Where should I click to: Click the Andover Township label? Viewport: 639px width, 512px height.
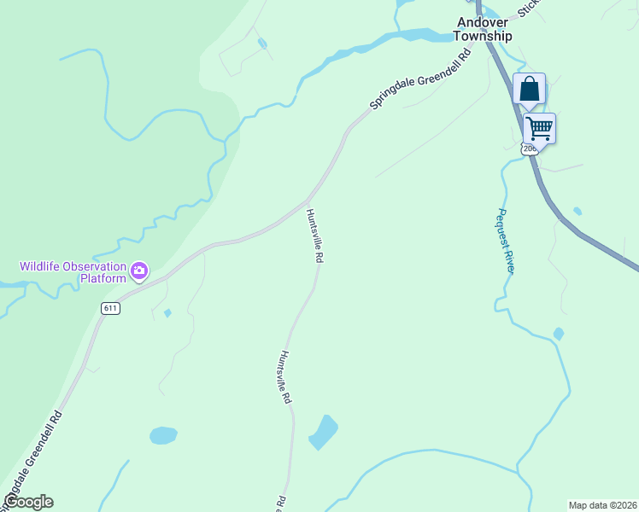click(x=484, y=29)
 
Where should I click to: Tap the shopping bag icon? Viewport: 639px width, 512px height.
click(x=529, y=89)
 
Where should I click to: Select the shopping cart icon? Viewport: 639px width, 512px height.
click(x=539, y=129)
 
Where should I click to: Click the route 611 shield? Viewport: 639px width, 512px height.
click(x=109, y=308)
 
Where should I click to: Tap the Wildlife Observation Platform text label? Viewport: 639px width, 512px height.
click(x=73, y=271)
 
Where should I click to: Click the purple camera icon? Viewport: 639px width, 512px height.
click(x=139, y=272)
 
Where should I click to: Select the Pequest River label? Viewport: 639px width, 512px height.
click(x=506, y=241)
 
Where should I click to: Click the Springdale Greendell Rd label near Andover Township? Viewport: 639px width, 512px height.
click(x=420, y=79)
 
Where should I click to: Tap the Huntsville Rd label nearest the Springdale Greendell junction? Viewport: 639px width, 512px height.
click(x=314, y=236)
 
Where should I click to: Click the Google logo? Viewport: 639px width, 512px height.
click(x=27, y=502)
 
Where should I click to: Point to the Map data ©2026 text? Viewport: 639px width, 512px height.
click(x=602, y=505)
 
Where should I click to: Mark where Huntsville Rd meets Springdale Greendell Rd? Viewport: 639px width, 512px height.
click(x=307, y=202)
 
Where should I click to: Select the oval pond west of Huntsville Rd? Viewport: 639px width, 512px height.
click(x=163, y=435)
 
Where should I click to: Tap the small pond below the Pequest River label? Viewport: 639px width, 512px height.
click(x=558, y=334)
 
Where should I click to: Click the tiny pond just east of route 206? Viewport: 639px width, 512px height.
click(x=577, y=211)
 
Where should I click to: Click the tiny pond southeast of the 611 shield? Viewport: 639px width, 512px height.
click(x=167, y=313)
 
